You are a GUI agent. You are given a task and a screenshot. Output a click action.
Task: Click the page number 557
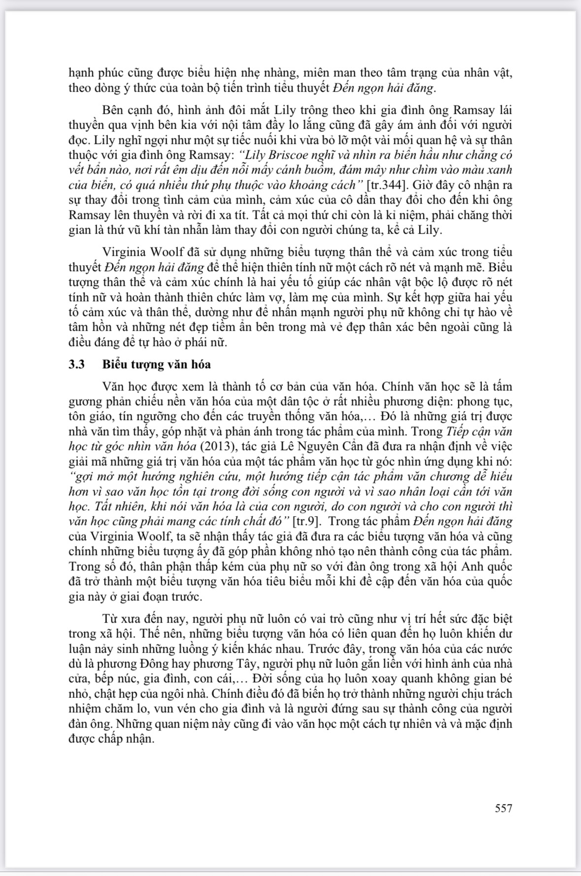click(x=503, y=808)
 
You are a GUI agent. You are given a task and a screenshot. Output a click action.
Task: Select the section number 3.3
click(x=77, y=364)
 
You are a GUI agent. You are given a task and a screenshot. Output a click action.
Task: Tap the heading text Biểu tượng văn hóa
click(x=157, y=364)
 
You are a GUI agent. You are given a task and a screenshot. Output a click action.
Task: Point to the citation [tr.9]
click(x=306, y=521)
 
